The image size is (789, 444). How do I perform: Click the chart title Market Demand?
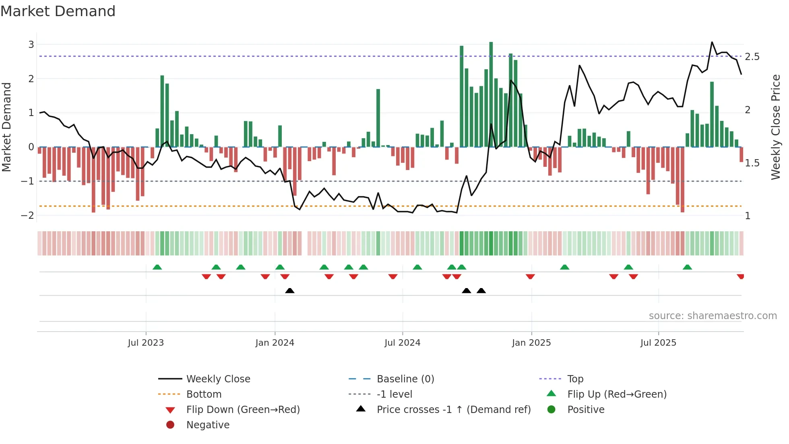(x=58, y=11)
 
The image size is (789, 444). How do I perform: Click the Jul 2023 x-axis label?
(x=146, y=343)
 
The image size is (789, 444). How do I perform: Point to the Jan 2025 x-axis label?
(x=531, y=343)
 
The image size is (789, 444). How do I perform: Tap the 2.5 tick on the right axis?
(x=752, y=57)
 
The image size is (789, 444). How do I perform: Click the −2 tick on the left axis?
(x=27, y=215)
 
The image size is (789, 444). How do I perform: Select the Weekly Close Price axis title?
(x=775, y=127)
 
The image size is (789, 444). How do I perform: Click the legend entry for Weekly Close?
(x=218, y=379)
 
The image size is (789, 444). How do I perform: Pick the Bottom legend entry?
(x=204, y=394)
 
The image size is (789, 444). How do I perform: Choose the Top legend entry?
(x=575, y=379)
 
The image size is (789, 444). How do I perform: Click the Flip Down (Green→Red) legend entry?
(x=243, y=410)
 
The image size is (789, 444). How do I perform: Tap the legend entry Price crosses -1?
(x=453, y=410)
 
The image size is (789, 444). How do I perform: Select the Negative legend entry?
(x=208, y=425)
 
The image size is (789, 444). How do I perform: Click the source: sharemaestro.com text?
(x=713, y=316)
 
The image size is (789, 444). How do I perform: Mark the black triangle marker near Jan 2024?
(x=290, y=290)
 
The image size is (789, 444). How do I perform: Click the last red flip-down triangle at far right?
(x=740, y=276)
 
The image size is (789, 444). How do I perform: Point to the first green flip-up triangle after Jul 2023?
(x=157, y=267)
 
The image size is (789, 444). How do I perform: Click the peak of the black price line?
(x=712, y=42)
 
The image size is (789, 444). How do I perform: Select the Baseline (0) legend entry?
(x=405, y=379)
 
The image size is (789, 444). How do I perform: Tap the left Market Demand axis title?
(x=6, y=127)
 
